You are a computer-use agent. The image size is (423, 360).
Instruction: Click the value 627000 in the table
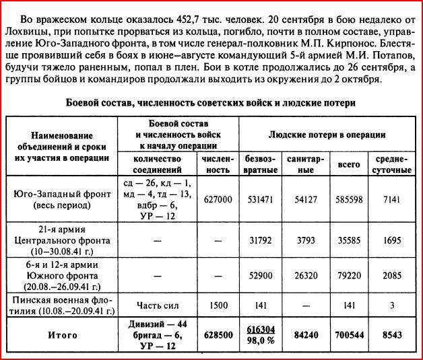coord(216,200)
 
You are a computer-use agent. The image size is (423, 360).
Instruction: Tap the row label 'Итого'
coord(62,335)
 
